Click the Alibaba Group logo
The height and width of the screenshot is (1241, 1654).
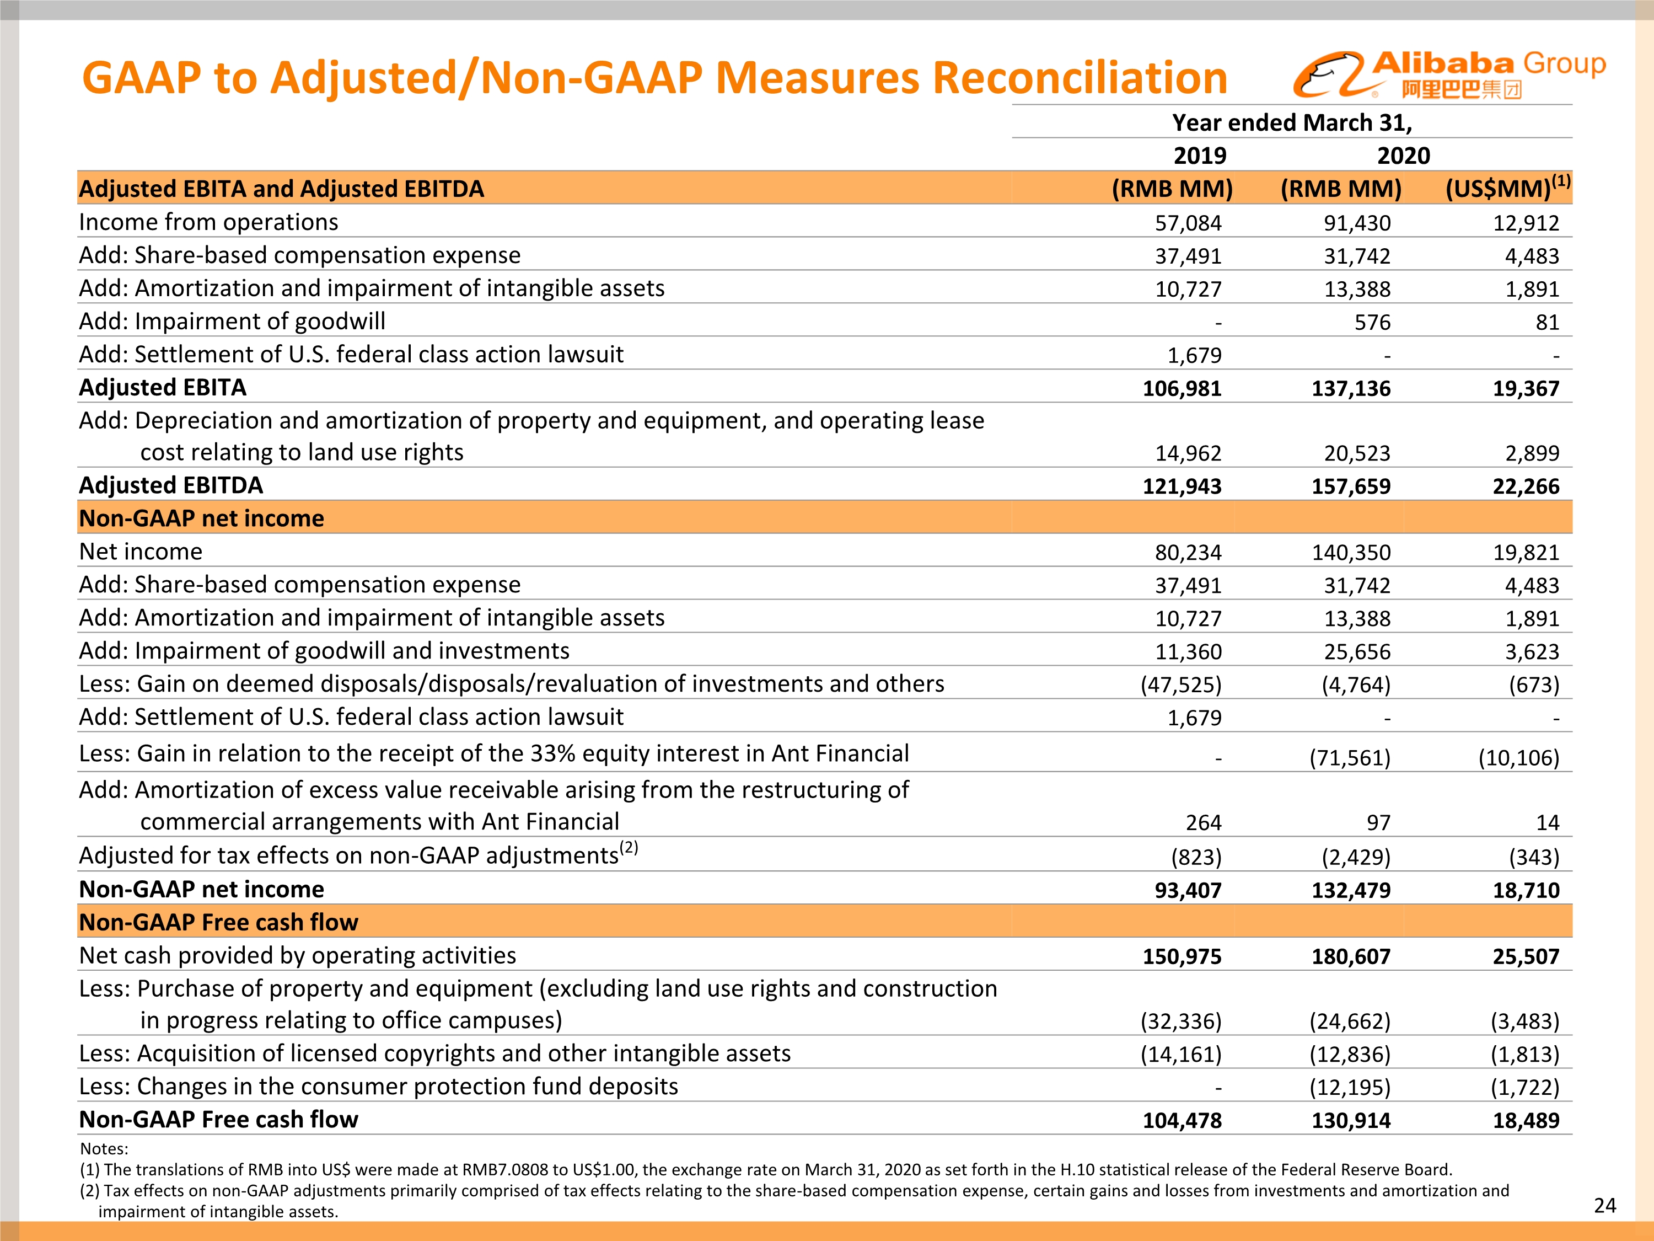click(x=1448, y=75)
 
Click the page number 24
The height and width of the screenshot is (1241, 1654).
click(x=1604, y=1206)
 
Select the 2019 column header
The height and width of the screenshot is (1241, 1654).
click(x=1199, y=156)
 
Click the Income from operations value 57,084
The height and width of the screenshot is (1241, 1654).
click(x=1188, y=223)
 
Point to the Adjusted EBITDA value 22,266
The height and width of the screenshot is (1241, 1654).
click(x=1526, y=486)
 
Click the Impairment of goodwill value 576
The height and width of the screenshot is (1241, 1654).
click(x=1372, y=323)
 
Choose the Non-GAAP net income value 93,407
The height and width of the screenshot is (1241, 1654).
click(x=1188, y=890)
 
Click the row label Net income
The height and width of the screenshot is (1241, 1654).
click(x=141, y=552)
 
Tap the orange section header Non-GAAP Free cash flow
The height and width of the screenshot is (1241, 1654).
click(x=219, y=922)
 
